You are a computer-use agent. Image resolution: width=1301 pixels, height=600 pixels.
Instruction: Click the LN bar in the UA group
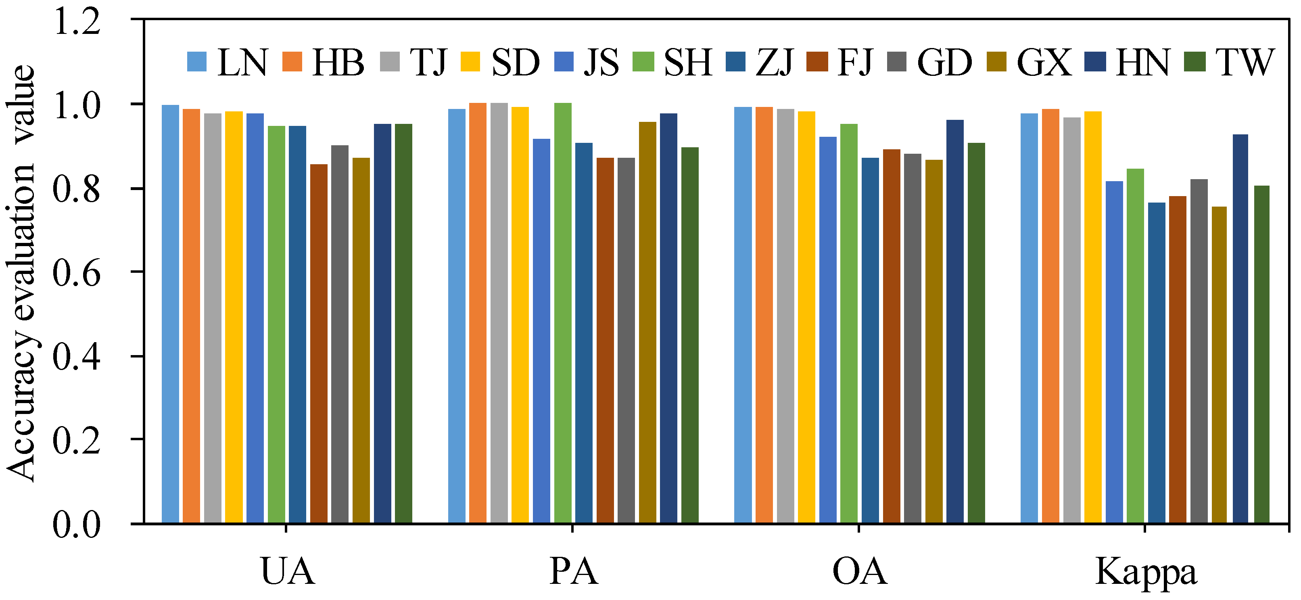tap(170, 313)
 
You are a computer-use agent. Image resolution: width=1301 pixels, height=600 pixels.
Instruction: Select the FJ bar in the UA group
tap(319, 343)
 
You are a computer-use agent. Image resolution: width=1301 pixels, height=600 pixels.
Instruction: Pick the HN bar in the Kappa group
tap(1240, 328)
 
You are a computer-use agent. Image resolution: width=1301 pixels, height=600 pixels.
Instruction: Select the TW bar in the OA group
tap(976, 333)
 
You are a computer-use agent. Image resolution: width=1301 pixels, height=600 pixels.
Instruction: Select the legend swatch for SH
tap(643, 62)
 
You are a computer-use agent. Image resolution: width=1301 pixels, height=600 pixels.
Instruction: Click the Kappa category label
tap(1145, 572)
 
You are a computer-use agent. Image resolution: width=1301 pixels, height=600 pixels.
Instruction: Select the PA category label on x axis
tap(573, 572)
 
